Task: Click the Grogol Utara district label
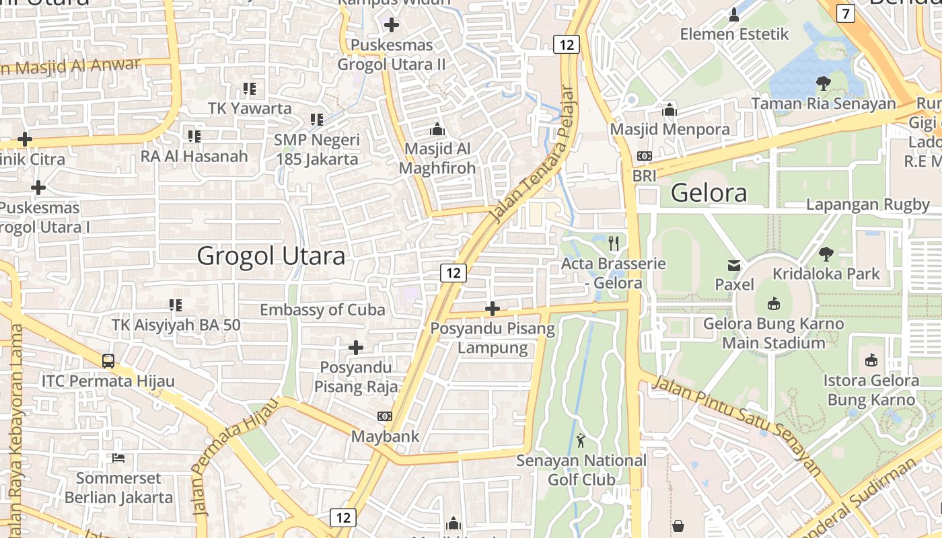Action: pyautogui.click(x=270, y=256)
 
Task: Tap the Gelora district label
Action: pyautogui.click(x=709, y=193)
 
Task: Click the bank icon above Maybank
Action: pyautogui.click(x=385, y=416)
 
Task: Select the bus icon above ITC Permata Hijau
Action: pyautogui.click(x=108, y=360)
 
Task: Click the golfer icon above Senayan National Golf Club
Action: pyautogui.click(x=581, y=440)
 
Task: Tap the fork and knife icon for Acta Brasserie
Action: pyautogui.click(x=613, y=243)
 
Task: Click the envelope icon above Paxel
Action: pyautogui.click(x=734, y=265)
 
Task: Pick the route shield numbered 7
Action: pyautogui.click(x=845, y=13)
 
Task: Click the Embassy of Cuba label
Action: pyautogui.click(x=322, y=310)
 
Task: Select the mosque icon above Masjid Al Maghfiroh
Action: pyautogui.click(x=437, y=128)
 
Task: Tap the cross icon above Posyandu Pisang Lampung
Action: pyautogui.click(x=493, y=309)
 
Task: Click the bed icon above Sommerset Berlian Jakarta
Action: pyautogui.click(x=118, y=458)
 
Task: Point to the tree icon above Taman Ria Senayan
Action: pyautogui.click(x=823, y=83)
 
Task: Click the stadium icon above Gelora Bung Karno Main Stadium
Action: pyautogui.click(x=773, y=304)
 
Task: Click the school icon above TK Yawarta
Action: pyautogui.click(x=250, y=88)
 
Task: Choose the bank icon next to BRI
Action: pyautogui.click(x=644, y=156)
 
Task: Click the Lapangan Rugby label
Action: pyautogui.click(x=867, y=204)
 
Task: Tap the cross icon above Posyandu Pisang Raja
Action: pyautogui.click(x=356, y=348)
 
